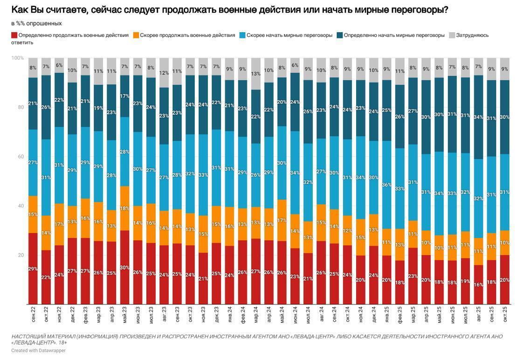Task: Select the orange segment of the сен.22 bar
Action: click(x=33, y=215)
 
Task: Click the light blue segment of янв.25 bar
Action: click(x=387, y=185)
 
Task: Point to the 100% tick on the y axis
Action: click(x=18, y=58)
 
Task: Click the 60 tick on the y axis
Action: click(x=21, y=157)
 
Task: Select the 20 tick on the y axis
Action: click(x=21, y=255)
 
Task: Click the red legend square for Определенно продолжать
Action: click(x=14, y=35)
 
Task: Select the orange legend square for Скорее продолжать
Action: click(x=136, y=35)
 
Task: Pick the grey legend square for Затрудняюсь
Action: click(x=452, y=35)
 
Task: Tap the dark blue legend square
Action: click(x=340, y=35)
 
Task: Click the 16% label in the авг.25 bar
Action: click(x=478, y=284)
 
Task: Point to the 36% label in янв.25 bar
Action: click(x=387, y=185)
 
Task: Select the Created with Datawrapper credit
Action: click(x=38, y=350)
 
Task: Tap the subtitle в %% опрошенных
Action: click(x=36, y=23)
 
